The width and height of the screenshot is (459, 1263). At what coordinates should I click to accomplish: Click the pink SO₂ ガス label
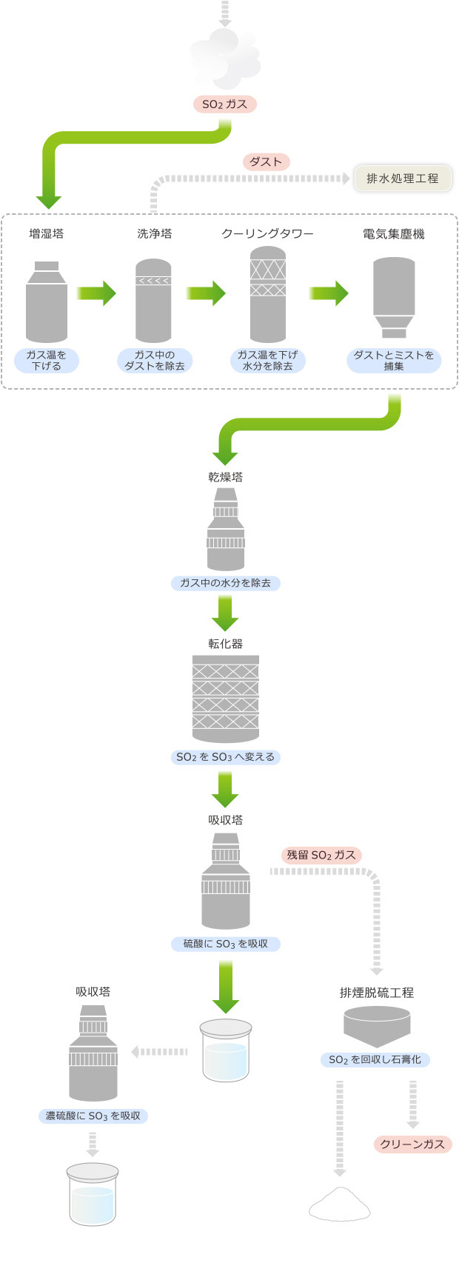coord(224,104)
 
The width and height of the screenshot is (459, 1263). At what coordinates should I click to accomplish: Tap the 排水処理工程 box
coord(402,179)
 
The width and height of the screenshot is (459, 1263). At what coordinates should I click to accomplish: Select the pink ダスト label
coord(266,161)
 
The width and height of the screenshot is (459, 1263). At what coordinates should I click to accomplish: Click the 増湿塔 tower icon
coord(47,301)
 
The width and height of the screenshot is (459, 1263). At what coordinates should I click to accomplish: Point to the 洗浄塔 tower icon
coord(153,301)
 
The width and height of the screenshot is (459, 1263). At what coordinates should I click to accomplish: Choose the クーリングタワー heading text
coord(267,234)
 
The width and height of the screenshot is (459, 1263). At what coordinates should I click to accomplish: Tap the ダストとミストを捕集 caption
coord(394,361)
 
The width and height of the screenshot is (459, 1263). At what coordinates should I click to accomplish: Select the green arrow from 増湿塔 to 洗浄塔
coord(96,293)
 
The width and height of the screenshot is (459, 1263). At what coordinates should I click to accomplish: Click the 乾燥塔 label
coord(225,477)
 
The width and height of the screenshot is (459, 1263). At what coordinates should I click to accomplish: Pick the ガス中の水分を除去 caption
coord(225,583)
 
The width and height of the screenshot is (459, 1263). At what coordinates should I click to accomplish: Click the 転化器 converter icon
coord(225,698)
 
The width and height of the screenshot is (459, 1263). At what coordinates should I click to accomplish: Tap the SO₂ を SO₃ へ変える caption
coord(225,757)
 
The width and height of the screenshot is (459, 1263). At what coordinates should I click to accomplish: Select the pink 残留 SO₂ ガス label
coord(321,855)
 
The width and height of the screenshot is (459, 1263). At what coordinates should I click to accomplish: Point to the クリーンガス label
coord(412,1144)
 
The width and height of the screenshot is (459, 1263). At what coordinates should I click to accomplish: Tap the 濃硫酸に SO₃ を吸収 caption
coord(93,1116)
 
